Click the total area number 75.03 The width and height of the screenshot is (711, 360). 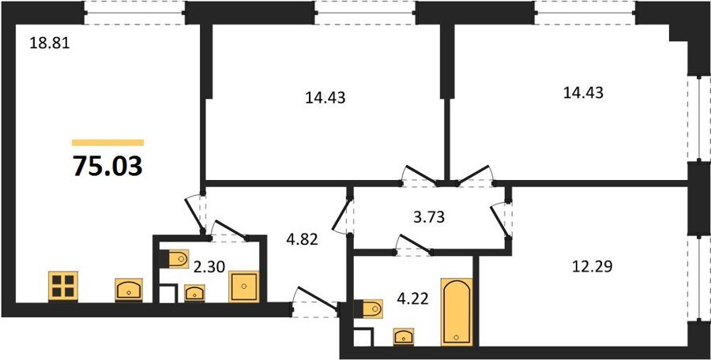(108, 166)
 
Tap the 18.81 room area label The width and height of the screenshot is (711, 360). (49, 44)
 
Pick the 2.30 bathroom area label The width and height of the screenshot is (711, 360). (209, 268)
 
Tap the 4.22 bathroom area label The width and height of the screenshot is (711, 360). (412, 300)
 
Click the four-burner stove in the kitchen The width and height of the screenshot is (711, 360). (63, 286)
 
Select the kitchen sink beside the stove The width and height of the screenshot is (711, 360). (130, 290)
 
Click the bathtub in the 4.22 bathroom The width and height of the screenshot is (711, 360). (457, 312)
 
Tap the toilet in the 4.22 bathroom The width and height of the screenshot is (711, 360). (368, 309)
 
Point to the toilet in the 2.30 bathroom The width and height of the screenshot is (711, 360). (174, 259)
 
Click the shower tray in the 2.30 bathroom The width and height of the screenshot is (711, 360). (244, 287)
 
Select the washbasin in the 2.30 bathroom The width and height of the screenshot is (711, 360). (194, 293)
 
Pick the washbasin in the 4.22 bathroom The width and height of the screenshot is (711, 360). (404, 337)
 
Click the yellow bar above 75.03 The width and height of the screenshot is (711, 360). (108, 142)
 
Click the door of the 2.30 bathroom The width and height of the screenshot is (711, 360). (229, 231)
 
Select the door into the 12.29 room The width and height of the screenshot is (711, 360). (501, 219)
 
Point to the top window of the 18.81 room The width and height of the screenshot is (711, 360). (134, 13)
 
